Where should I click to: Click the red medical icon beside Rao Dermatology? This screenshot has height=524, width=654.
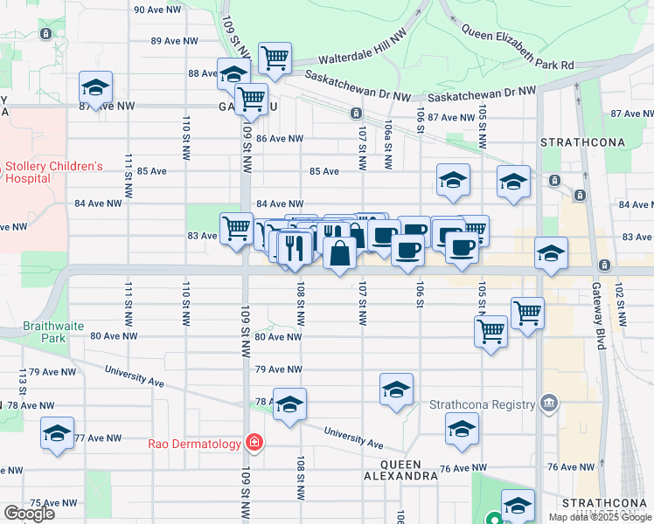click(254, 443)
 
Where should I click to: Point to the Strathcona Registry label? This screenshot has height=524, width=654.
click(482, 404)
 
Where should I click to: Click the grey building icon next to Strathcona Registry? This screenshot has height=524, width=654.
click(548, 403)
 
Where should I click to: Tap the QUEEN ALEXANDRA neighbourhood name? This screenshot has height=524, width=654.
click(402, 470)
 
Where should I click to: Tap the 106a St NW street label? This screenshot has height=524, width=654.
click(386, 144)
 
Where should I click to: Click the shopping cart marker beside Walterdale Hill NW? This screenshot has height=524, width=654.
click(275, 58)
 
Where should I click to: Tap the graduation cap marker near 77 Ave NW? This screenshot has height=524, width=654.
click(58, 433)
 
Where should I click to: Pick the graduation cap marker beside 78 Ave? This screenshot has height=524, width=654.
click(289, 403)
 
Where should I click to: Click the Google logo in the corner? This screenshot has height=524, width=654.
click(29, 514)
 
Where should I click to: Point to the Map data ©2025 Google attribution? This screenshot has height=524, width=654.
click(599, 517)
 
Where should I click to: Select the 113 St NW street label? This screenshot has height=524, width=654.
click(22, 382)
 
